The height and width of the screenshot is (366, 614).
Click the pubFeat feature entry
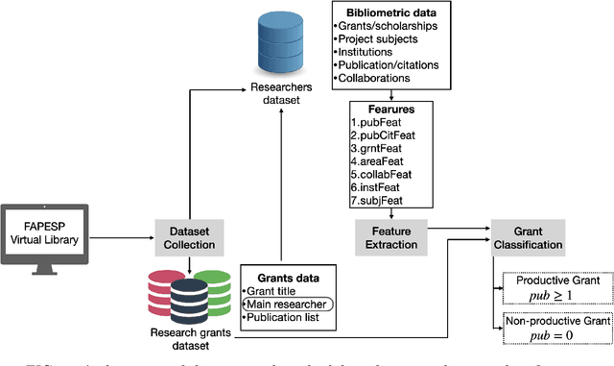coord(379,123)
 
